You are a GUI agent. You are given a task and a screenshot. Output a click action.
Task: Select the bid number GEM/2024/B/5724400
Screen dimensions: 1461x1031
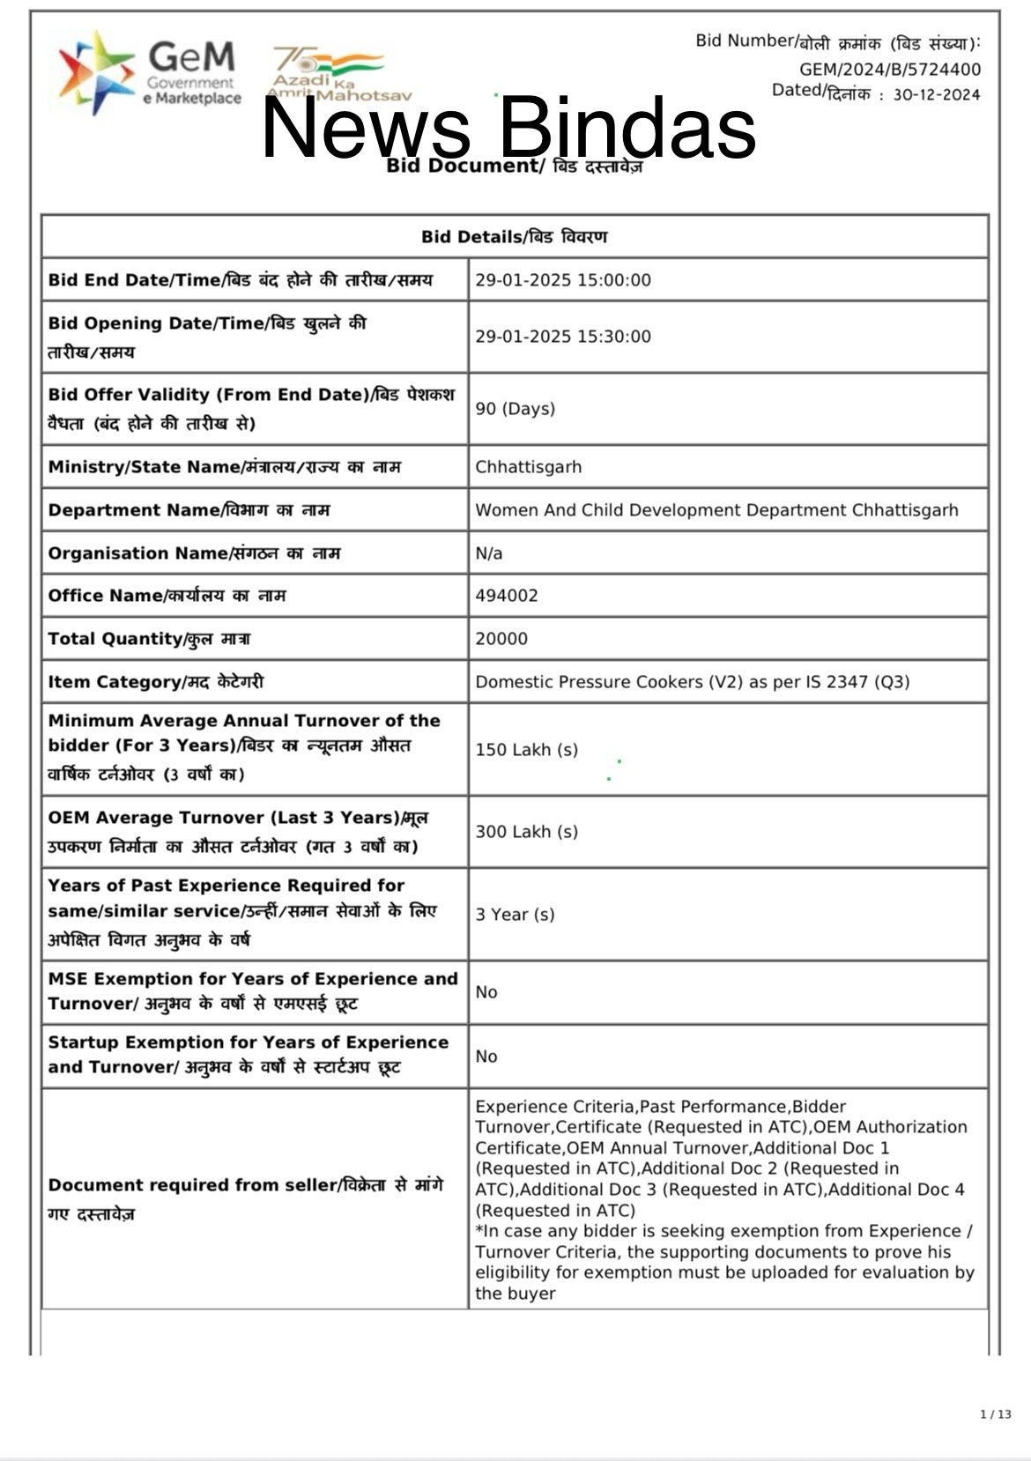(889, 69)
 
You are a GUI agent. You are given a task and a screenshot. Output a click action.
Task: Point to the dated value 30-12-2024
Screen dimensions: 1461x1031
(936, 94)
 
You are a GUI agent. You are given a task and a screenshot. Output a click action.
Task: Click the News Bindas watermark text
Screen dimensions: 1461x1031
(508, 128)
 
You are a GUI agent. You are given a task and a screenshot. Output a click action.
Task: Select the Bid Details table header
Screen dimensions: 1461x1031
(514, 236)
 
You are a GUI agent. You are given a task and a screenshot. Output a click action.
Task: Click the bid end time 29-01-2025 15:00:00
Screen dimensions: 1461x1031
(563, 280)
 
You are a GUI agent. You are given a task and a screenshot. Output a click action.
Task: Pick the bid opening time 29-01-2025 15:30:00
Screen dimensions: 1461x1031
(563, 337)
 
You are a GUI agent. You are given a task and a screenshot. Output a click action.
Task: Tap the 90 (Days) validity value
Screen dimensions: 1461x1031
(515, 409)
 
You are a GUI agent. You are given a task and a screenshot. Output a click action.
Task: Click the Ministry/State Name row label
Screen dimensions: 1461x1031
(225, 467)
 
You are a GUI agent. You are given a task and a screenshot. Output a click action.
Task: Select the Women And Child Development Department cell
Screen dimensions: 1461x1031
(716, 510)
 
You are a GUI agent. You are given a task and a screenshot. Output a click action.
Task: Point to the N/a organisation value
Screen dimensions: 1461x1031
(489, 553)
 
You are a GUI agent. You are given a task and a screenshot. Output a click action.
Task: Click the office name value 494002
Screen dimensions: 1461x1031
(507, 596)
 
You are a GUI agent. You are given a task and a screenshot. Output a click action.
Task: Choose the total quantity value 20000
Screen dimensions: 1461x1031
(501, 639)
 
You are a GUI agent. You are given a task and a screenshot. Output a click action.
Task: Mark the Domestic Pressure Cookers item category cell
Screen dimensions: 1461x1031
(693, 682)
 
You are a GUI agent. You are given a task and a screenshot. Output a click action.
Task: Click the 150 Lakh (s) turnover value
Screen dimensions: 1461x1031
(527, 750)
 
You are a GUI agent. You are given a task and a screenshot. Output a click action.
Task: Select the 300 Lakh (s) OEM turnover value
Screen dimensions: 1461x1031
(527, 832)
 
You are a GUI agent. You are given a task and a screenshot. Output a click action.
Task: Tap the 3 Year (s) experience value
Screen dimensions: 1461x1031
(515, 915)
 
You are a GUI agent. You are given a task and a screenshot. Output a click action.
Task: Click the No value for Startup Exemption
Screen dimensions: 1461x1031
(486, 1057)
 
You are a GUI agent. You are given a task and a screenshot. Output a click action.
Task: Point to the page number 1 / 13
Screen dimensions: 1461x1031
(996, 1414)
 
